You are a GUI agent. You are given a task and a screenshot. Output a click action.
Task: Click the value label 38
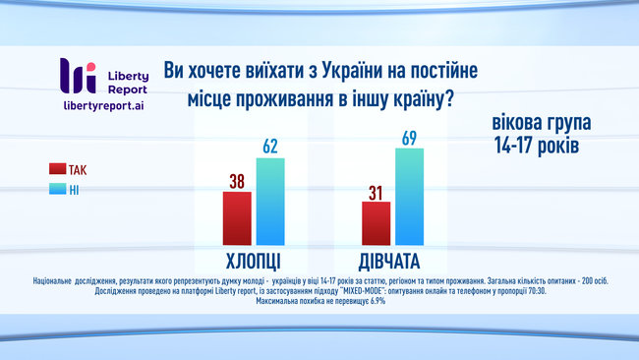tap(237, 180)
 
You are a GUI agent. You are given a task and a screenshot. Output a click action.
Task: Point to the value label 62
tap(270, 147)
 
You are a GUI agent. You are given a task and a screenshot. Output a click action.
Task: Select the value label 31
tap(377, 191)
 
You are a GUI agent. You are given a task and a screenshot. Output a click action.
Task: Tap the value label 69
tap(410, 137)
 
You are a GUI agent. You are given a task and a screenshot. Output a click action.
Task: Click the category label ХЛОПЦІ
tap(253, 262)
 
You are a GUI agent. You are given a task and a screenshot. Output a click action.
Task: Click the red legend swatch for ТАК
tap(56, 169)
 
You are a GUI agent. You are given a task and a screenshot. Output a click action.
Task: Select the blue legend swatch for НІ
tap(56, 189)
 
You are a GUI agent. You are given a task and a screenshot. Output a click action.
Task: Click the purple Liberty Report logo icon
tap(78, 76)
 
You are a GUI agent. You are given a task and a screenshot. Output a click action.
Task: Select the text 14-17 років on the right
tap(537, 146)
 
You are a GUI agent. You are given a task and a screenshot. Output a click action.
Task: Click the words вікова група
tap(543, 125)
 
